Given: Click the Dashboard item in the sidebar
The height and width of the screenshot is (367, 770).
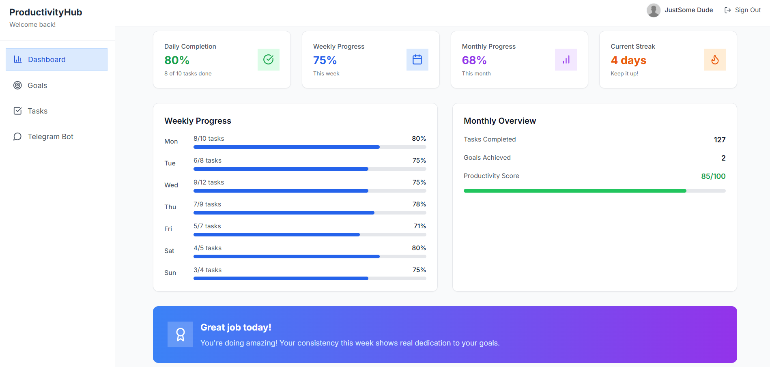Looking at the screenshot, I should (56, 60).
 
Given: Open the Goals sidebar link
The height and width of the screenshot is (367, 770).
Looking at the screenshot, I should (37, 86).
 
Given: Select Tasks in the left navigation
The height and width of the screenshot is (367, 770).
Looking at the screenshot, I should (37, 111).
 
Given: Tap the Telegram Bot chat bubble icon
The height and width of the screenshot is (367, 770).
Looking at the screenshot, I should (17, 137).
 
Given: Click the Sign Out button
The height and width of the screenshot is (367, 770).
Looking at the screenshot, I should (742, 10).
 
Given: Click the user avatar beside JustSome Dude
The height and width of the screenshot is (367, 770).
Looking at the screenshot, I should (653, 10).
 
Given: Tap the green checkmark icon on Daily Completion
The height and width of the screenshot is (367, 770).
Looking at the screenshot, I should (268, 60).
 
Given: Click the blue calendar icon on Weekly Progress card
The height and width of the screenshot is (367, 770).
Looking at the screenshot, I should (417, 60).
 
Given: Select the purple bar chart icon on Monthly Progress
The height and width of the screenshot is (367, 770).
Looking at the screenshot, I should (566, 60).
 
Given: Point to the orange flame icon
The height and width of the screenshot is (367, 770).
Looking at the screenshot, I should (714, 60).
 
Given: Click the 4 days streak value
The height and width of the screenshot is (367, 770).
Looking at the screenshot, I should (628, 60).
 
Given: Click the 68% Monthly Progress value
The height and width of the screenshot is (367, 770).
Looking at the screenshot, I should (474, 60).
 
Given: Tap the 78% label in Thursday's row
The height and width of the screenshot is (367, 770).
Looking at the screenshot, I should (419, 204).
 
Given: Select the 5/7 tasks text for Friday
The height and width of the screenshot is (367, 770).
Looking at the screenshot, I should (207, 226).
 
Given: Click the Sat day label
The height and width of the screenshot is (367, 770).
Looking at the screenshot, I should (169, 251).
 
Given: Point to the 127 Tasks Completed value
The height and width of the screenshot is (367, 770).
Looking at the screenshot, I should (719, 140).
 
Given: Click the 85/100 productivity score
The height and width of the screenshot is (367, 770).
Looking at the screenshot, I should (713, 176).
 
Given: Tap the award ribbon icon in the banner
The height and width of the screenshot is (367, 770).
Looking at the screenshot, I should (180, 335).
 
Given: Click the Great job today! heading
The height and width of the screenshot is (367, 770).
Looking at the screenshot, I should (236, 327).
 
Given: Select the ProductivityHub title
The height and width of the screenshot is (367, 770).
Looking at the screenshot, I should (46, 13).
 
